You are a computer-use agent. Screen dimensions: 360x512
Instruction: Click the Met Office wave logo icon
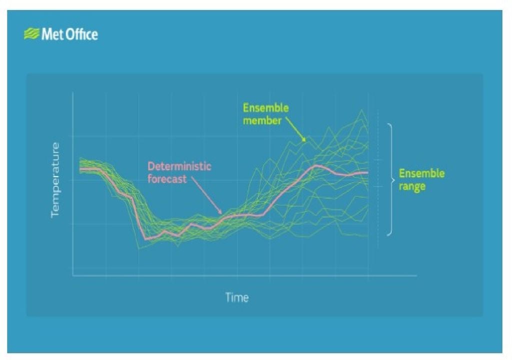(x=31, y=34)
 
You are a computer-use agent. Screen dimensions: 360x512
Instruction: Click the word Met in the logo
(x=52, y=34)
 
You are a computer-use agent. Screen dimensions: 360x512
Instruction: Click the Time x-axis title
(x=236, y=297)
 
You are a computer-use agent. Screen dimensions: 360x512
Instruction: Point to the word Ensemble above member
(x=265, y=108)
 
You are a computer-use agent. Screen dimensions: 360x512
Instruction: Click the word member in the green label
(x=262, y=120)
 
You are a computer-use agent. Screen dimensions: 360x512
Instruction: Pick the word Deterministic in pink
(x=179, y=166)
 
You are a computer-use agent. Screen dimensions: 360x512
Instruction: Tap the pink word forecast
(x=167, y=178)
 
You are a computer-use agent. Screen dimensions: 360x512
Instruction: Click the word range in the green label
(x=412, y=186)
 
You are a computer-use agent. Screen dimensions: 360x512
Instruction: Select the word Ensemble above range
(x=421, y=174)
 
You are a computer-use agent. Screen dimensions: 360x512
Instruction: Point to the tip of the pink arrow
(x=221, y=213)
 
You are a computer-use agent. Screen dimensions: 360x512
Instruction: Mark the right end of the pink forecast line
(x=368, y=172)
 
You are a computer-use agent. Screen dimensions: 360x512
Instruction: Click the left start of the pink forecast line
(x=80, y=169)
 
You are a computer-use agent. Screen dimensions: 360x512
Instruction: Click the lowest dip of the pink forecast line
(x=146, y=239)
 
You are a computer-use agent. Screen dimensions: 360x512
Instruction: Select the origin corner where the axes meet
(x=73, y=275)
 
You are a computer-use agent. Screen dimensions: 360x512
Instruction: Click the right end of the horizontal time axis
(x=416, y=275)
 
